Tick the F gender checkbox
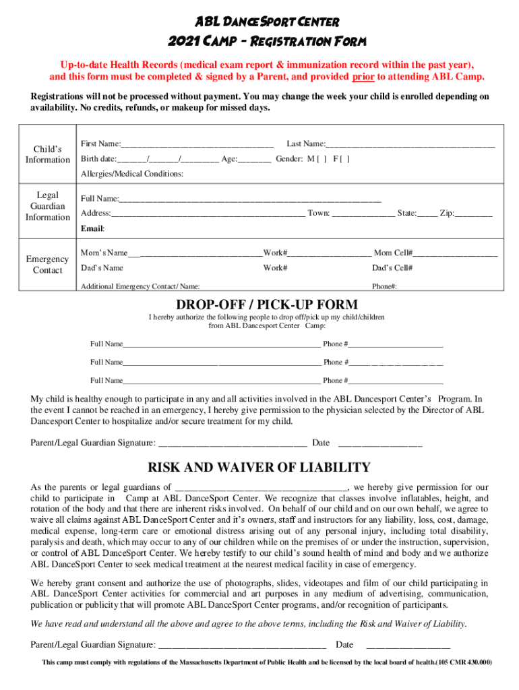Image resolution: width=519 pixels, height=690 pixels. pos(345,160)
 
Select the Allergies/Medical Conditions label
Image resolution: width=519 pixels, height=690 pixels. pos(132,174)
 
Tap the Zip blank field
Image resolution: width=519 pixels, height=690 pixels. pos(474,214)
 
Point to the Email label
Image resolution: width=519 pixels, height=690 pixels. pos(92,228)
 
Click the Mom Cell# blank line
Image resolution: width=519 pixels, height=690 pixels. pos(456,253)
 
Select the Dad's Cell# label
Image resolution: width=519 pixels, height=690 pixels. pos(392,268)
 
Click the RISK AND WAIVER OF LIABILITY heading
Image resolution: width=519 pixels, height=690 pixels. pos(259,467)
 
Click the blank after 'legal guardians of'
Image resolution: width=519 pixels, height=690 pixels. pos(262,487)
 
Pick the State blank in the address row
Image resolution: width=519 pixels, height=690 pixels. pos(427,214)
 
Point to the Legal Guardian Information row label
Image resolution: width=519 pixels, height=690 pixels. pos(47,206)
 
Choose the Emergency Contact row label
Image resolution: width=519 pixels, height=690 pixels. pos(47,265)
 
